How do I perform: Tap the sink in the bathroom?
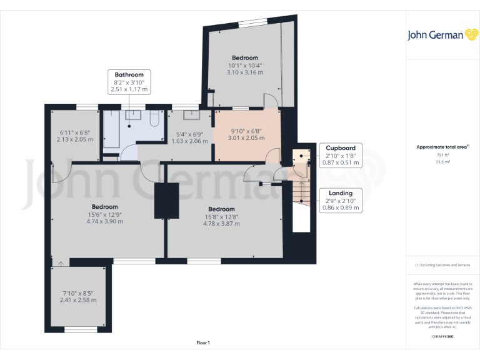click(x=132, y=114)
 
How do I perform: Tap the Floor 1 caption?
click(x=203, y=342)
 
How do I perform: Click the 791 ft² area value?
click(x=442, y=155)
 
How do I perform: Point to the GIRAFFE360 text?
click(x=442, y=337)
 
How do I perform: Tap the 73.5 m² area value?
click(x=442, y=161)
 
